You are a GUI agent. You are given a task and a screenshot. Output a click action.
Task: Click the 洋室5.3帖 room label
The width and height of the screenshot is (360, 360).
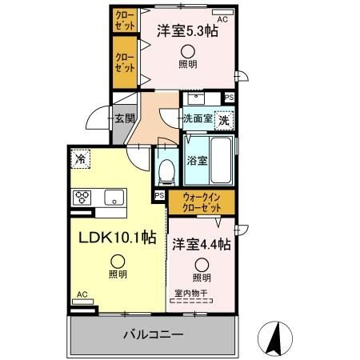pos(186,33)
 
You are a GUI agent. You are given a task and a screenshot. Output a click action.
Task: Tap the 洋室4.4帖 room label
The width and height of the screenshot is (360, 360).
pos(201,242)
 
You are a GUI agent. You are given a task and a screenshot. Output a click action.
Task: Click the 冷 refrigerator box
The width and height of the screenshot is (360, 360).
pos(81,158)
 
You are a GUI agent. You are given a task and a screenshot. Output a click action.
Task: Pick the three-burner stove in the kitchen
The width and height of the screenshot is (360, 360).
pos(84,196)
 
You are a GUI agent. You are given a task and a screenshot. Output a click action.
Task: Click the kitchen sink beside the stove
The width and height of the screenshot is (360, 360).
pos(113,196)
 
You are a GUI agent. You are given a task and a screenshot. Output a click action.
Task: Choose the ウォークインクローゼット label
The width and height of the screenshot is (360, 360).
pos(202,202)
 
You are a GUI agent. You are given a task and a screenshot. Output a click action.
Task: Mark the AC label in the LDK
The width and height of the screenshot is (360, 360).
pos(82,294)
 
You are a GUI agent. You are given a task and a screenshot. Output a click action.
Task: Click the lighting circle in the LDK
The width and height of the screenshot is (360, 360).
pos(118,259)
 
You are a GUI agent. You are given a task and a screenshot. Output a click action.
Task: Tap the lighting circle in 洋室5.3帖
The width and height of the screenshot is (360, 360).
pos(186,50)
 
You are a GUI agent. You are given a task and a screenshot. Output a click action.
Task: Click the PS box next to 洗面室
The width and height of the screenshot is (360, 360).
pos(230,98)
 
